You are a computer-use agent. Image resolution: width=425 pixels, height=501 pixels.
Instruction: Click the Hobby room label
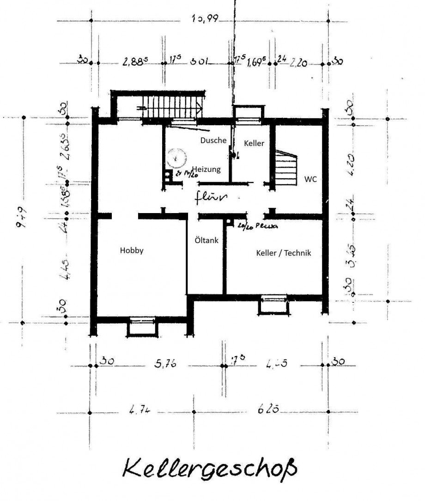pyautogui.click(x=132, y=251)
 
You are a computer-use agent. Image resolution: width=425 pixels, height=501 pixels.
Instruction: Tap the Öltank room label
pyautogui.click(x=206, y=240)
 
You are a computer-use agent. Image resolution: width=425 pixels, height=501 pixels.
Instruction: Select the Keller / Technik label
pyautogui.click(x=284, y=253)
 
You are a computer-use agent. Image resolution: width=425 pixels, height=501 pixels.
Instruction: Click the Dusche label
pyautogui.click(x=213, y=140)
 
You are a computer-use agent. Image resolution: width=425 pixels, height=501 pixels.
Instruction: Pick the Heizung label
pyautogui.click(x=206, y=169)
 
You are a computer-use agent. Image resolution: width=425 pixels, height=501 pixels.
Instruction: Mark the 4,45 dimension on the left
pyautogui.click(x=64, y=275)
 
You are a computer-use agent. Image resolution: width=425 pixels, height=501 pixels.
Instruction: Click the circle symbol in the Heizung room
pyautogui.click(x=176, y=157)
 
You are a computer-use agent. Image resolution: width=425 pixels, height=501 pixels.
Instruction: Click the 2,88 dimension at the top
pyautogui.click(x=134, y=62)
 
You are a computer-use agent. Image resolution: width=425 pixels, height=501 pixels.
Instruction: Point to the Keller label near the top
pyautogui.click(x=254, y=143)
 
